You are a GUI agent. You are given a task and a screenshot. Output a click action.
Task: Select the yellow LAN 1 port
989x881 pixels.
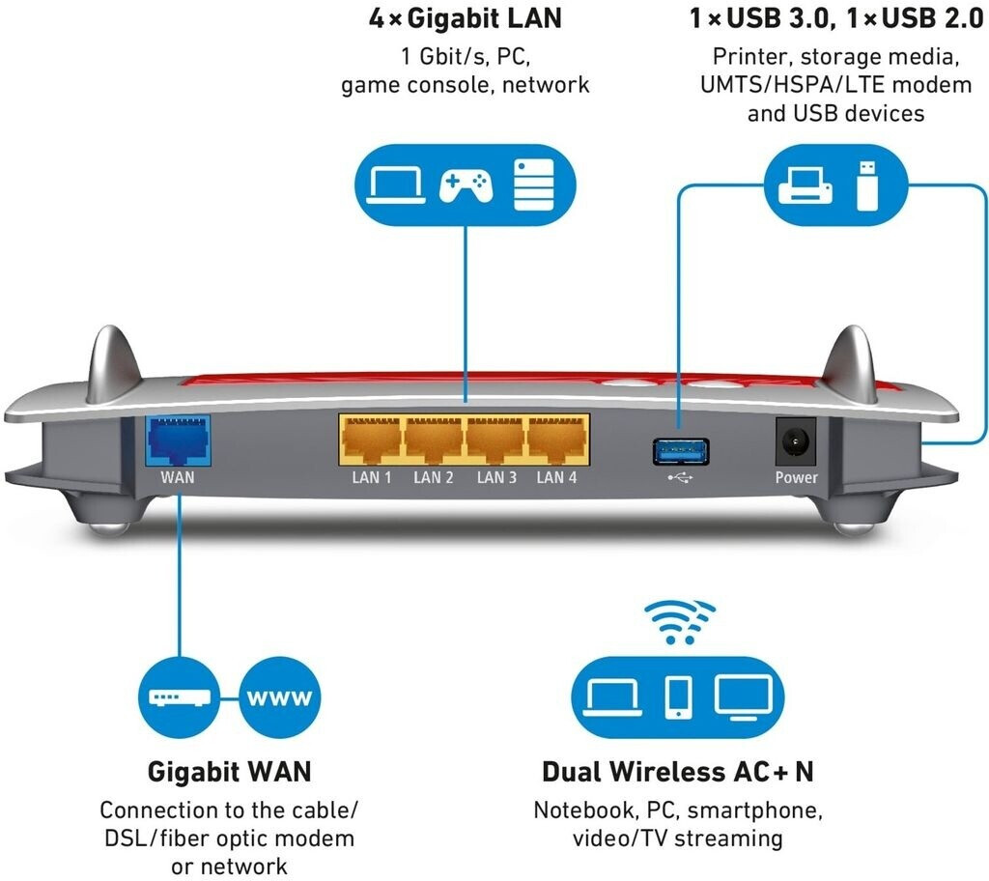(x=371, y=440)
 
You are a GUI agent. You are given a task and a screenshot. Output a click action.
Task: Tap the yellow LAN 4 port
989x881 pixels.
(x=557, y=440)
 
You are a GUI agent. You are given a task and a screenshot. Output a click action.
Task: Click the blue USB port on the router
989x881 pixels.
(x=681, y=451)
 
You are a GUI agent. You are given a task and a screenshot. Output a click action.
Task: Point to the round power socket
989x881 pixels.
(x=796, y=441)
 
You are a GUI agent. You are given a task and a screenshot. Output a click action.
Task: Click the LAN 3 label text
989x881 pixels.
(x=496, y=478)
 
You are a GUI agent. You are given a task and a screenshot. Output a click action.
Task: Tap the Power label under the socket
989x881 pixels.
(x=796, y=478)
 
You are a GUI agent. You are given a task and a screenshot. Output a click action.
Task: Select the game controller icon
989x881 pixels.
(x=466, y=185)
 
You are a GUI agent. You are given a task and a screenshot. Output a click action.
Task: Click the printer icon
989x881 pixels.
(x=805, y=185)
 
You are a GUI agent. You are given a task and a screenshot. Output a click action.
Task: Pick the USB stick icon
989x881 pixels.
(x=867, y=185)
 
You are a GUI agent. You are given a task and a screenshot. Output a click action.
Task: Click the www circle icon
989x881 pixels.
(x=279, y=697)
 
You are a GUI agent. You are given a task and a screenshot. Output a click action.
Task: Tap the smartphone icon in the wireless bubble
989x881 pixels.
(x=679, y=697)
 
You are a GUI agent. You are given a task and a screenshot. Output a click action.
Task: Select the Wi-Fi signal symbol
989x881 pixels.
(x=680, y=622)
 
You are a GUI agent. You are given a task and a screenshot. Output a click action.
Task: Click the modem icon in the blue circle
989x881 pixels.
(x=179, y=697)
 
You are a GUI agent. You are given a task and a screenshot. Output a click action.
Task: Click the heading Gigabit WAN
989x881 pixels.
(x=230, y=772)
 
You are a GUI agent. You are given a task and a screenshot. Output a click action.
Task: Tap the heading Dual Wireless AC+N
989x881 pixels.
(x=678, y=772)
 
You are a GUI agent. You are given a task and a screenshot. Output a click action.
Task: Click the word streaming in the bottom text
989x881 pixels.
(x=728, y=839)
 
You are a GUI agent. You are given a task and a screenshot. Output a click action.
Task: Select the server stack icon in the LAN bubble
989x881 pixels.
(x=533, y=185)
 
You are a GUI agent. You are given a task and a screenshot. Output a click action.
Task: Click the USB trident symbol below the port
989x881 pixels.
(x=681, y=478)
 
